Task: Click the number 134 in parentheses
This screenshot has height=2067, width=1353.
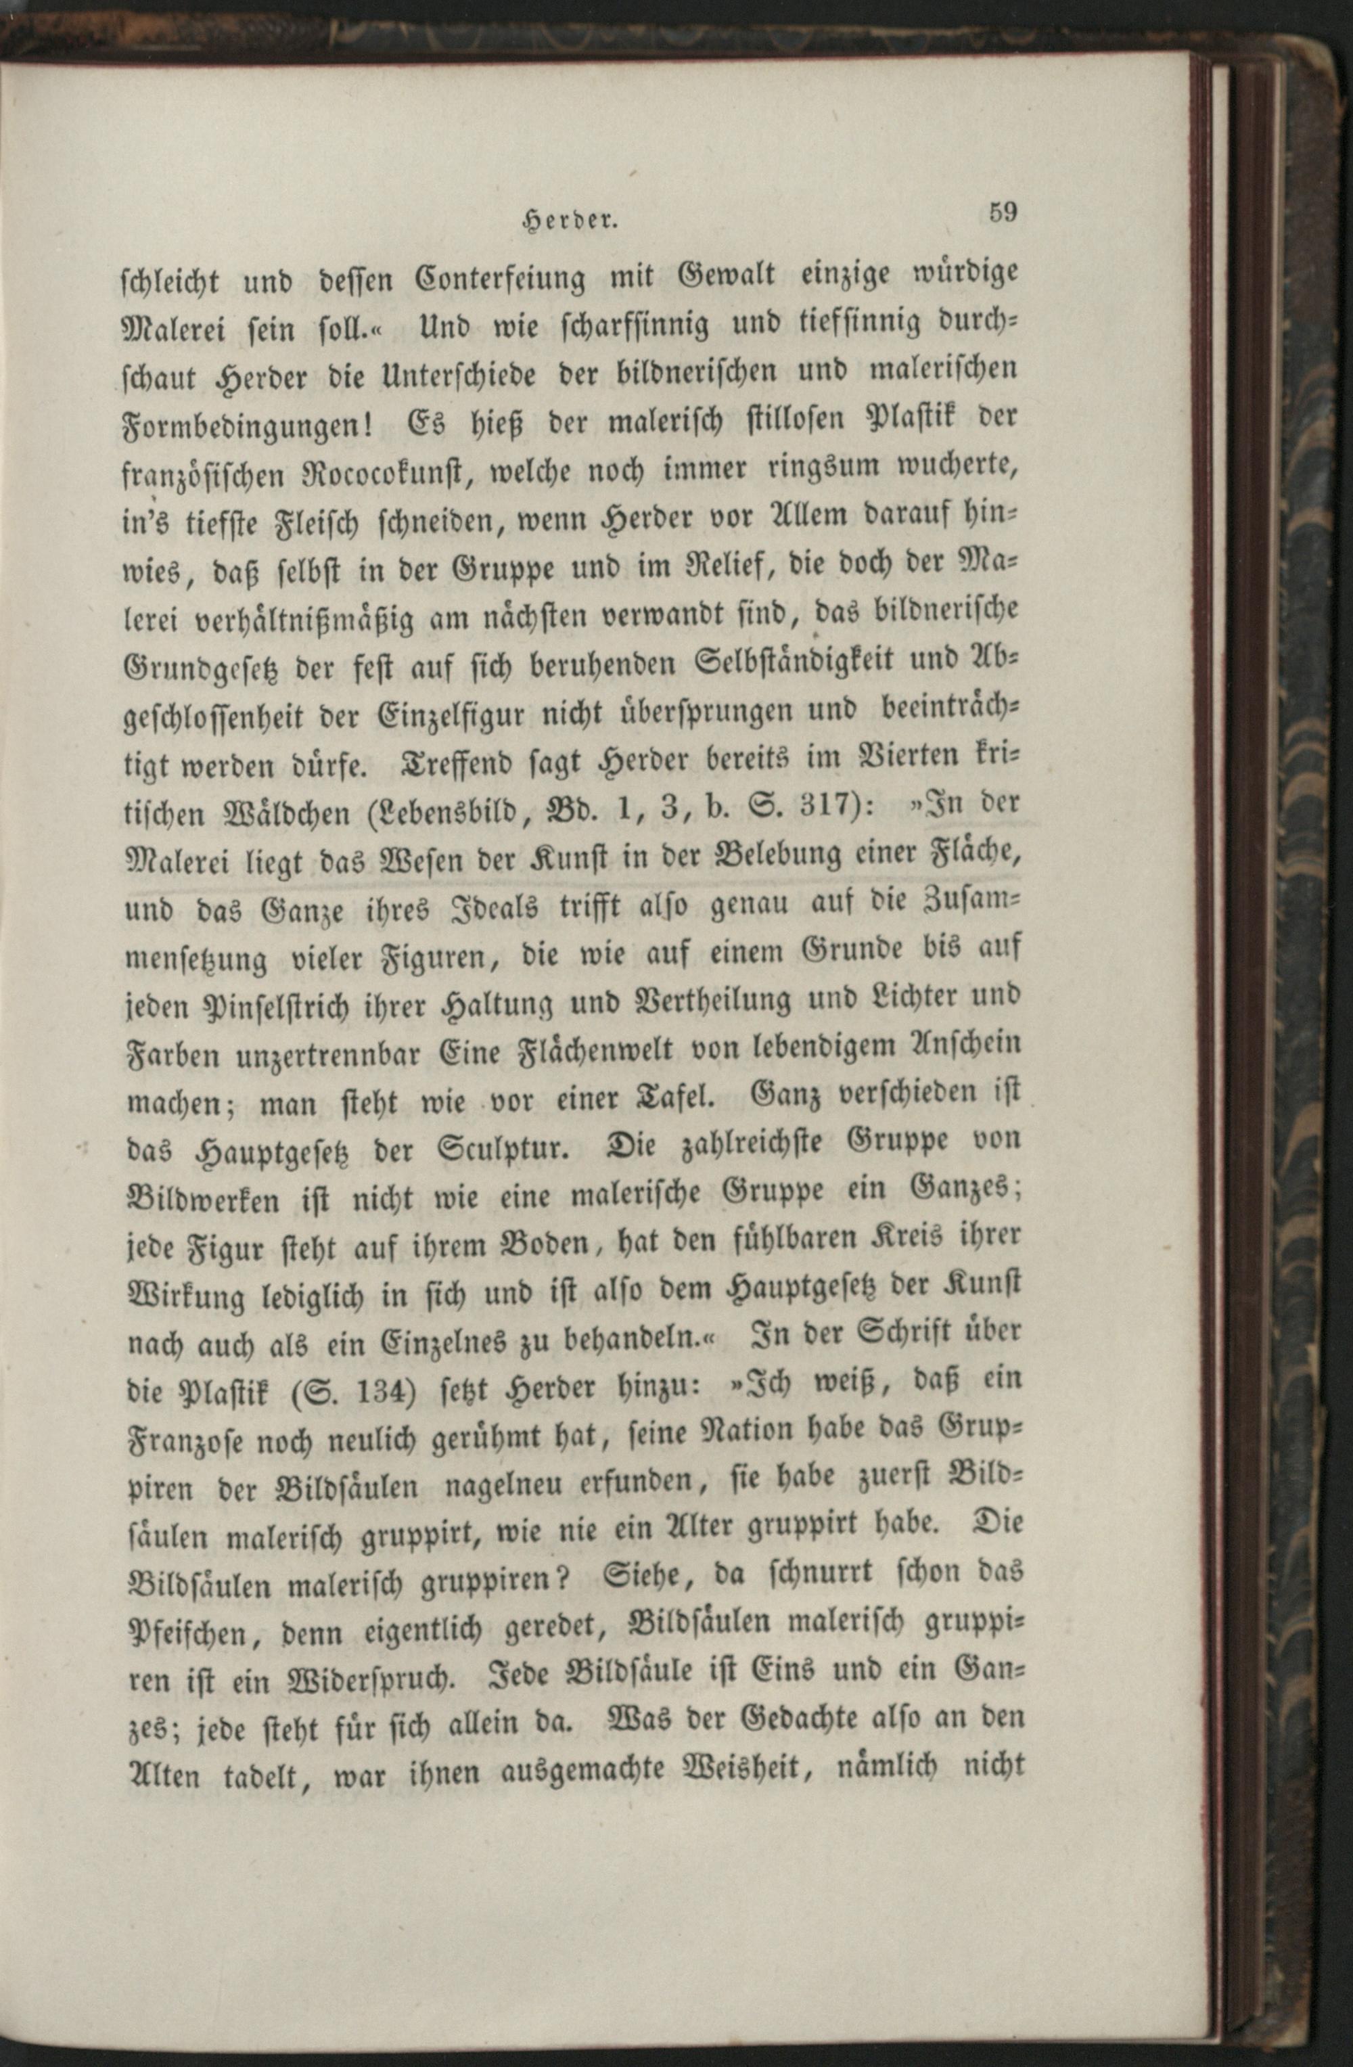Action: point(386,1400)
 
